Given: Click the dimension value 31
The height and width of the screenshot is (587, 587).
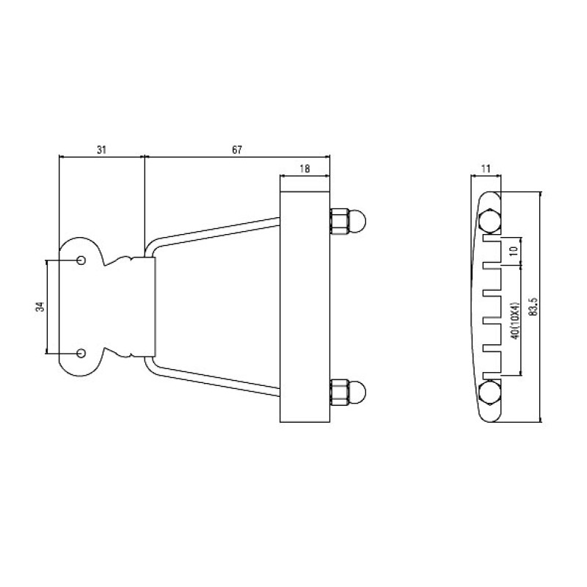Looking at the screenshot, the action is (101, 150).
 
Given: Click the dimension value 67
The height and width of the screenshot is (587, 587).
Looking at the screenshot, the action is (237, 150).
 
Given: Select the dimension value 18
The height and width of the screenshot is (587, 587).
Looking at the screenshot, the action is (305, 169).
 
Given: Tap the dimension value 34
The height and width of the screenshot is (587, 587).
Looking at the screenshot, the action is (40, 307).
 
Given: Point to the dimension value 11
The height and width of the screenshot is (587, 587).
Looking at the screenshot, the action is (486, 169).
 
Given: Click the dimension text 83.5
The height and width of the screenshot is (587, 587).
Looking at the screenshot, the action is (534, 307).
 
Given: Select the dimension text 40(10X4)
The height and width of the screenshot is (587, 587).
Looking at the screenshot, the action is (516, 321).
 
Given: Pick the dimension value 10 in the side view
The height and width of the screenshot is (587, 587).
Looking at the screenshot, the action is (514, 251).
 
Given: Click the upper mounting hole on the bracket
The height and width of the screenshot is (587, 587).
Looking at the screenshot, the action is (81, 260).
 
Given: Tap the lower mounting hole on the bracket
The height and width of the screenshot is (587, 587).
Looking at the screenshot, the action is (81, 353).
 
